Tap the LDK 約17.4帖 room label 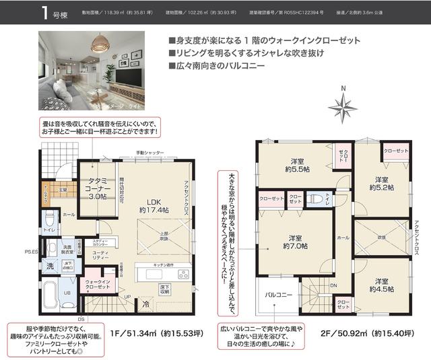click(x=152, y=205)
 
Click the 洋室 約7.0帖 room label click(x=295, y=243)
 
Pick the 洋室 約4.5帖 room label click(x=381, y=285)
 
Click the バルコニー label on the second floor click(x=277, y=295)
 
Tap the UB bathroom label click(x=67, y=293)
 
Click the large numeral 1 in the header click(x=43, y=13)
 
